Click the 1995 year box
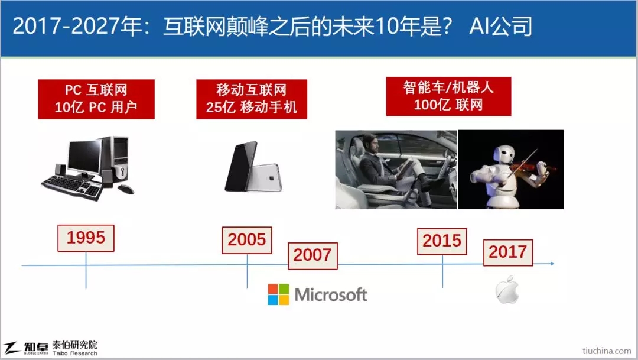coord(86,238)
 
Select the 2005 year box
coord(247,240)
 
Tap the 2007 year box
coord(313,256)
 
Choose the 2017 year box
coord(508,252)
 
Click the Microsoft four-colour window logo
coord(279,294)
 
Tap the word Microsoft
coord(331,294)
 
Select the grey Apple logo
coord(507,290)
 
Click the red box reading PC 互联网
coord(96,99)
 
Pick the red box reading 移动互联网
coord(252,99)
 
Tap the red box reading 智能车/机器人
coord(448,96)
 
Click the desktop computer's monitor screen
coord(84,156)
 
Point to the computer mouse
coord(125,189)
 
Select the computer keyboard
coord(72,187)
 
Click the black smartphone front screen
coord(241,166)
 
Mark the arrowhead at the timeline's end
coord(552,264)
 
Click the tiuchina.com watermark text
coord(607,351)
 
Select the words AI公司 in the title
coord(500,26)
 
